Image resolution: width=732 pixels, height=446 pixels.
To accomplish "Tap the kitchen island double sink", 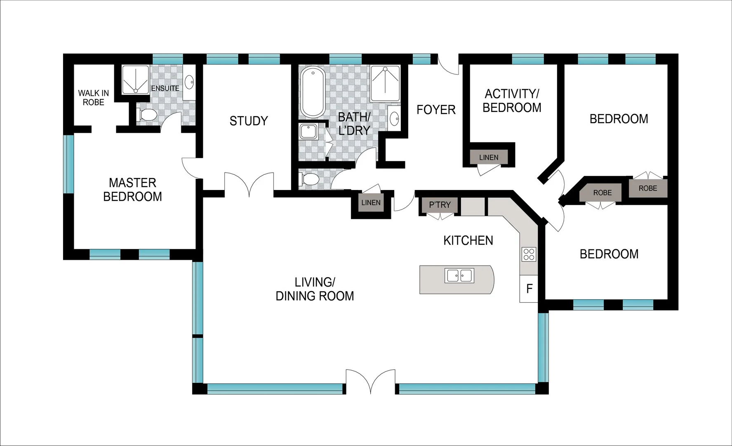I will click(x=459, y=275).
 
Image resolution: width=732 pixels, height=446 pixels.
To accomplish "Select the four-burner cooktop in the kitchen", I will click(x=529, y=254).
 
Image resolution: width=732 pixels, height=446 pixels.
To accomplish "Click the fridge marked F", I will click(x=529, y=288).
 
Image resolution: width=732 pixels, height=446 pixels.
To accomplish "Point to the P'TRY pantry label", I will click(x=440, y=205).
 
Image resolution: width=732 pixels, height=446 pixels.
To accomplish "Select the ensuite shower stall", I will click(x=135, y=80).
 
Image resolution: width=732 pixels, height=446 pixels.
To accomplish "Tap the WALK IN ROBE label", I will click(x=94, y=98).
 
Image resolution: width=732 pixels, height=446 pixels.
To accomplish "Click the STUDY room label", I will click(x=249, y=121).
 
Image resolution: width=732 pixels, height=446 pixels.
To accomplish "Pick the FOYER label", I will click(x=436, y=110).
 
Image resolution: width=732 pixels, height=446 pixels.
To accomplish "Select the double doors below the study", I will click(x=249, y=184).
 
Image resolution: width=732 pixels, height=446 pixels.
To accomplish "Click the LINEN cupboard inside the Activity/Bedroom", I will click(x=489, y=157).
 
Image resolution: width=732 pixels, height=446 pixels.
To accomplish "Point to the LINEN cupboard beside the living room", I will click(x=371, y=203).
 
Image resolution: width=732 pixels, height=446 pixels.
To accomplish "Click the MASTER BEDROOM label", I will click(x=132, y=190).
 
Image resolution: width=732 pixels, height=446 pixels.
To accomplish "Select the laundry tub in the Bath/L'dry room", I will click(x=308, y=132).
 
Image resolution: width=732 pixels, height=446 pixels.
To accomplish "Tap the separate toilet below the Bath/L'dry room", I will click(x=310, y=180).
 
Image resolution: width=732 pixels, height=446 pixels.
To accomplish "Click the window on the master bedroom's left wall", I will click(x=68, y=164).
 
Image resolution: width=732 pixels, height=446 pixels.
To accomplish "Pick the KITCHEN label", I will click(x=468, y=241).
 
